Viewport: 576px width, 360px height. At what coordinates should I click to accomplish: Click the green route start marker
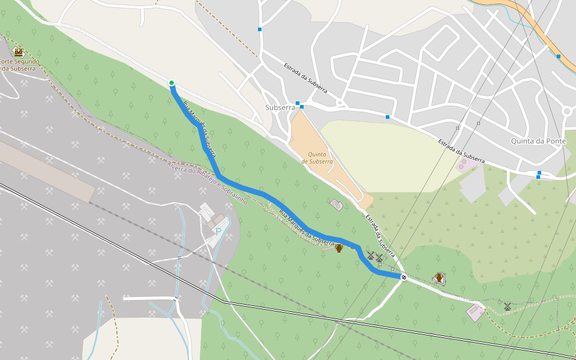click(172, 83)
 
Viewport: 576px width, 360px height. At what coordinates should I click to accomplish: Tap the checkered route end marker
click(404, 277)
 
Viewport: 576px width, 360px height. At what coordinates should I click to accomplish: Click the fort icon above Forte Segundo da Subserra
click(18, 52)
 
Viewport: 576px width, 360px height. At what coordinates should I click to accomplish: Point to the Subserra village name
click(280, 107)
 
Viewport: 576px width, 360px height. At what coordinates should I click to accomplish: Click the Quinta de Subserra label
click(317, 158)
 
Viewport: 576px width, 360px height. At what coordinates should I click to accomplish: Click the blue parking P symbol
click(218, 230)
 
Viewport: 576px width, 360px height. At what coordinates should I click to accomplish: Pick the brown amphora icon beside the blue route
click(339, 248)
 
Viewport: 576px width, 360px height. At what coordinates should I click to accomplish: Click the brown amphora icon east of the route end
click(439, 277)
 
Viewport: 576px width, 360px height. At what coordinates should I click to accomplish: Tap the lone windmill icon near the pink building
click(508, 307)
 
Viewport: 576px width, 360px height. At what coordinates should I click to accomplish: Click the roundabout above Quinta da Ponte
click(567, 111)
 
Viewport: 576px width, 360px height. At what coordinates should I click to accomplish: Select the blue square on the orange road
click(558, 56)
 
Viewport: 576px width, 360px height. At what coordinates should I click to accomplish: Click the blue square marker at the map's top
click(260, 29)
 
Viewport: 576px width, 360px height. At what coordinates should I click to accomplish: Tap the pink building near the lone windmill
click(476, 312)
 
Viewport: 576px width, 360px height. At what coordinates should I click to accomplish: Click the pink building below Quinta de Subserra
click(336, 205)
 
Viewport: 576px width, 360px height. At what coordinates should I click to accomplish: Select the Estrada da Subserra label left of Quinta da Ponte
click(461, 151)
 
